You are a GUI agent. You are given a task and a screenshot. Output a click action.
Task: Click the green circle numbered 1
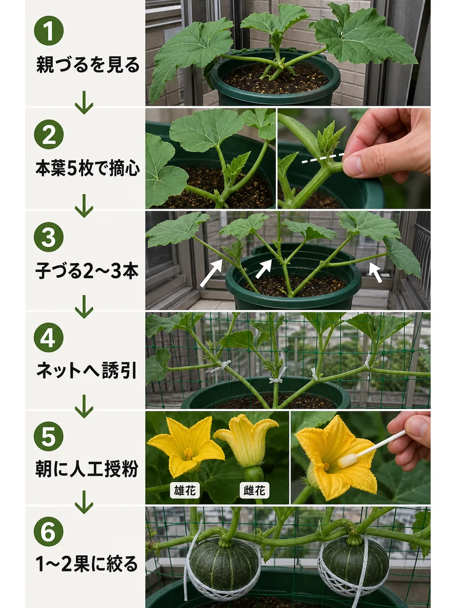(x=49, y=30)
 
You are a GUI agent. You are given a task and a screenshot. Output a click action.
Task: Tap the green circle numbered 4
(x=49, y=337)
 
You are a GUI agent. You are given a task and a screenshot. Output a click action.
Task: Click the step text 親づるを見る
(x=88, y=64)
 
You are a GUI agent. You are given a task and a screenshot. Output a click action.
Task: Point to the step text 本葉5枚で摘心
(x=88, y=168)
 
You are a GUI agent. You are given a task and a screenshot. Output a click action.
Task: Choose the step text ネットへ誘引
(x=86, y=370)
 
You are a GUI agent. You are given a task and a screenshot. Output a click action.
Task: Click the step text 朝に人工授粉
(x=87, y=469)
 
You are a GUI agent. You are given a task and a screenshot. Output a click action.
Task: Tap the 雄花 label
(x=184, y=491)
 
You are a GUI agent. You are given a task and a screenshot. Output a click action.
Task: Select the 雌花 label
(x=254, y=491)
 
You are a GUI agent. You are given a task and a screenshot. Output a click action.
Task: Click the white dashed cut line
(x=323, y=158)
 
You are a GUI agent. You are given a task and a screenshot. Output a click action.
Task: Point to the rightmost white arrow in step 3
(x=375, y=273)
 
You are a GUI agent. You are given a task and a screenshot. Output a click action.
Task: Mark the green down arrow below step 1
(x=84, y=102)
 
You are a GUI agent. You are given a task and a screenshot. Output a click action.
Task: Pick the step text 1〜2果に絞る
(x=87, y=564)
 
